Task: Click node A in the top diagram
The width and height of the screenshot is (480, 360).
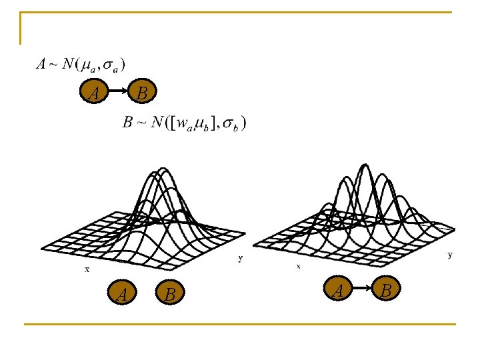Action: [95, 93]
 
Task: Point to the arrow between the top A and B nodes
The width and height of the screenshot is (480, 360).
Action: [118, 91]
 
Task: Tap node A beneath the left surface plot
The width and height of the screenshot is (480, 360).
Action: [122, 293]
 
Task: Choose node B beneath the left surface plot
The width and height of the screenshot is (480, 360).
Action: [170, 293]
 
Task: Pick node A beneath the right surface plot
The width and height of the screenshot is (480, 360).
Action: [339, 289]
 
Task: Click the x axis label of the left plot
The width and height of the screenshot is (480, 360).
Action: [87, 269]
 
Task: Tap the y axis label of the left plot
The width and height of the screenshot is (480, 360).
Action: [240, 258]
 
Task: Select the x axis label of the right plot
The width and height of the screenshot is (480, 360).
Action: [298, 265]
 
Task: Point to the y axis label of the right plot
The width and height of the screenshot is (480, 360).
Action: [450, 254]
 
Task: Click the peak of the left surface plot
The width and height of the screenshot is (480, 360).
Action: [162, 168]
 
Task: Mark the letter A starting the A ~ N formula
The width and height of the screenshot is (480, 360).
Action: [41, 64]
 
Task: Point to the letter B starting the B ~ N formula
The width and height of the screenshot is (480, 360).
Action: [128, 123]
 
